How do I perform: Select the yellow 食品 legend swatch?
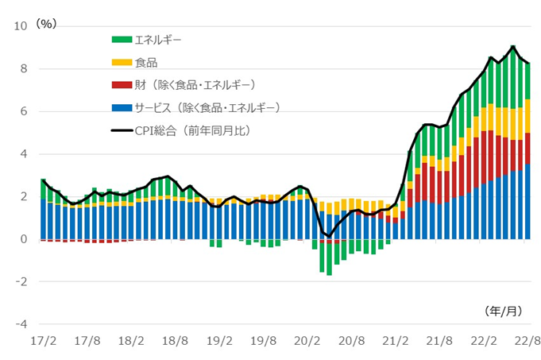(x=121, y=60)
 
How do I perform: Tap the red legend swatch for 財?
(x=121, y=83)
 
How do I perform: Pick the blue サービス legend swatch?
(x=121, y=106)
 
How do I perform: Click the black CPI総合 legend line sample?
(x=121, y=130)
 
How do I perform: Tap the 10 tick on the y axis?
(x=21, y=26)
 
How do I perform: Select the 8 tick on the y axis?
(x=25, y=69)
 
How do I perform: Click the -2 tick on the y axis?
(x=23, y=282)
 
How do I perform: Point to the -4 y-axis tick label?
(x=23, y=324)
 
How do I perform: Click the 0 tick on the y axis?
(x=25, y=239)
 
